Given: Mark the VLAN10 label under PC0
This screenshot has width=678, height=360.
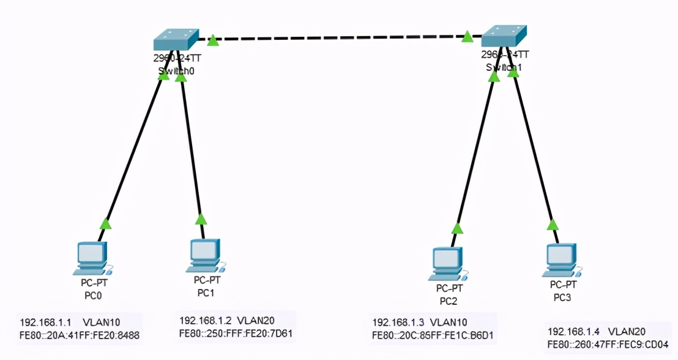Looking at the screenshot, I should pyautogui.click(x=103, y=323).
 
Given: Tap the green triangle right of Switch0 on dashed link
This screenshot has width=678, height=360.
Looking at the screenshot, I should pyautogui.click(x=212, y=40).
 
